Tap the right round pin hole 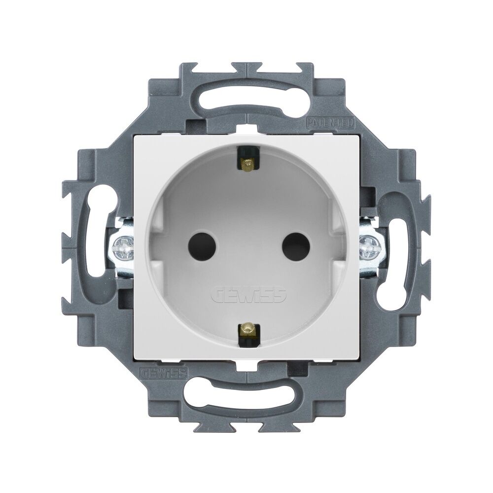point(296,243)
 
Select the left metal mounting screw point(121,245)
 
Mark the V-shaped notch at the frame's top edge point(246,68)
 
